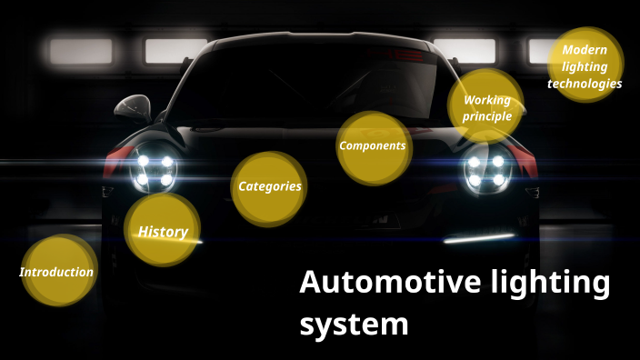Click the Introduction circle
tap(58, 271)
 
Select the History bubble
tap(163, 231)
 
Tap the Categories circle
tap(269, 186)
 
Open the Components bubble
tap(373, 145)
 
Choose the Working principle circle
tap(486, 107)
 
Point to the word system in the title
tap(355, 323)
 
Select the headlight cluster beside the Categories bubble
tap(155, 170)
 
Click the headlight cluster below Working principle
tap(486, 170)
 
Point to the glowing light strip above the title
tap(478, 237)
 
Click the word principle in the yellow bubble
tap(487, 116)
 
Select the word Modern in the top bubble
tap(585, 50)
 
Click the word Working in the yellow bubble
tap(487, 100)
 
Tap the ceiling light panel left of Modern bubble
tap(464, 51)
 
